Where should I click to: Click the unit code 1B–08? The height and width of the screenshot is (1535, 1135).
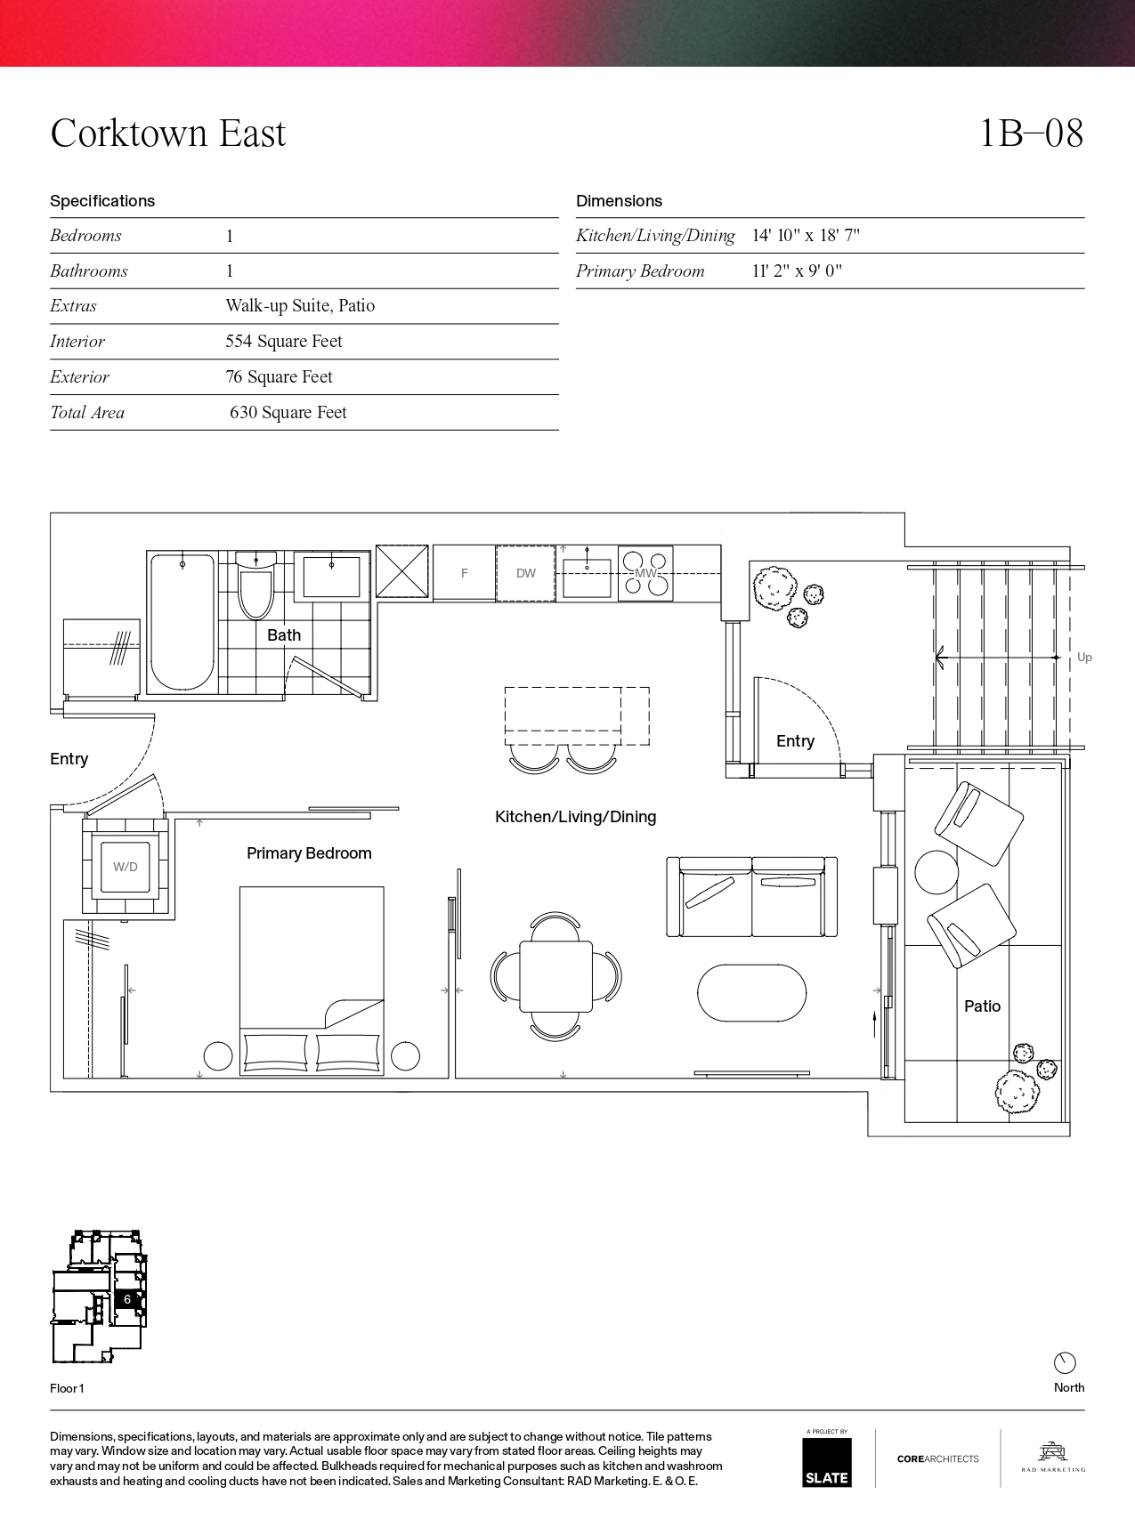click(x=1031, y=133)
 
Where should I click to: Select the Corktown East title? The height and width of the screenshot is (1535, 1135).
click(x=168, y=133)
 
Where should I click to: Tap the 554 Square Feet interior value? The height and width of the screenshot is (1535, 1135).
click(x=284, y=341)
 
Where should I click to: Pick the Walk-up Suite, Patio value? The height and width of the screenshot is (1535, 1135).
click(x=300, y=305)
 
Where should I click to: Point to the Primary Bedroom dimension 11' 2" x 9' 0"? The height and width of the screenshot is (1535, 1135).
click(x=797, y=271)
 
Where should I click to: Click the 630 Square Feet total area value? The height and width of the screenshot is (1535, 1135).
click(x=288, y=412)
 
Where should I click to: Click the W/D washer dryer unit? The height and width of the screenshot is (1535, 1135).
click(x=126, y=867)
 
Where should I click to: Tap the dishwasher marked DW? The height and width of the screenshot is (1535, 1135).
click(x=525, y=573)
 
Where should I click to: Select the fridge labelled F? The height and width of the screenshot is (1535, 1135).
click(x=464, y=573)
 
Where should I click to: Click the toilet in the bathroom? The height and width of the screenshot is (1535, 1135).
click(x=255, y=586)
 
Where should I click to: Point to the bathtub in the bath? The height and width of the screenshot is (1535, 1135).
click(x=182, y=622)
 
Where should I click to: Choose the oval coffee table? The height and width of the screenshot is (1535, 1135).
click(x=751, y=993)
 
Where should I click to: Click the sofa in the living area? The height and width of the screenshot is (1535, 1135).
click(x=752, y=897)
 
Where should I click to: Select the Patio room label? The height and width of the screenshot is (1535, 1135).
click(x=982, y=1006)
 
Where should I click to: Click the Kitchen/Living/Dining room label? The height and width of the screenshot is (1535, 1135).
click(x=575, y=817)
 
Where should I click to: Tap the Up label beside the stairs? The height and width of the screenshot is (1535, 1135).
click(x=1084, y=658)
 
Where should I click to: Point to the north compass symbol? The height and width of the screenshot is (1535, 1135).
click(x=1065, y=1363)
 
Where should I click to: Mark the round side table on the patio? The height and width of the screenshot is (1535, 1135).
click(x=936, y=873)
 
